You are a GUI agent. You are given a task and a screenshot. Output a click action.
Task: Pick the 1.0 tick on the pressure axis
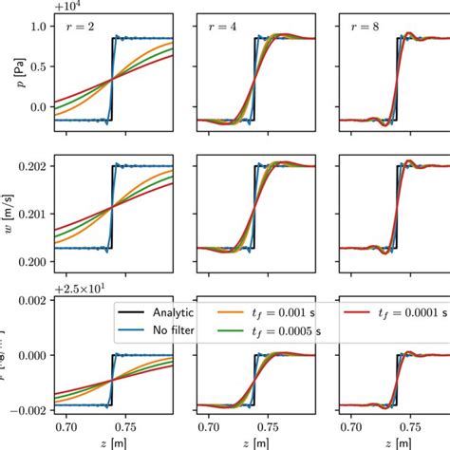coord(41,26)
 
